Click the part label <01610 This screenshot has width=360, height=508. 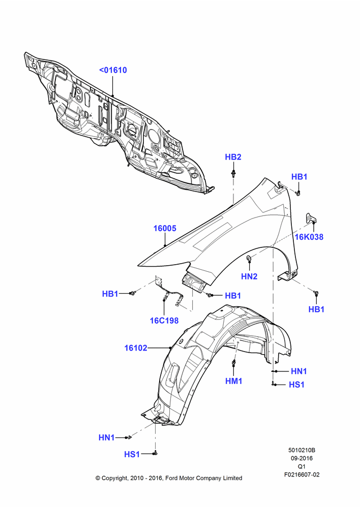pos(113,70)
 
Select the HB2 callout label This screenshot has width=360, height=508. pos(233,157)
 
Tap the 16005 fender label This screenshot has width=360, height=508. pos(165,229)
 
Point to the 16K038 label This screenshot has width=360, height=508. pos(309,237)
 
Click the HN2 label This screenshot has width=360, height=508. pos(249,276)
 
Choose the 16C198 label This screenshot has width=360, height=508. pos(164,321)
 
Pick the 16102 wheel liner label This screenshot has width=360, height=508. pos(136,348)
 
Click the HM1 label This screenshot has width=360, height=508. pos(234,381)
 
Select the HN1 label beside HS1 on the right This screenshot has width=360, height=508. pos(298,371)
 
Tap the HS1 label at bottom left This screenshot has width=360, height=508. pos(132,455)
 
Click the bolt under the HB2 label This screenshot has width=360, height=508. pos(233,173)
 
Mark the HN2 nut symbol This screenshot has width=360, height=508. pos(249,258)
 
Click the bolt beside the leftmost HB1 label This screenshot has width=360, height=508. pos(132,293)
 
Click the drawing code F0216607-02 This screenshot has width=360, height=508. pos(302,474)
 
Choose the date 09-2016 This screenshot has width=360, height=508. pos(302,458)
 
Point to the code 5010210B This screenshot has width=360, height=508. pos(302,450)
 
